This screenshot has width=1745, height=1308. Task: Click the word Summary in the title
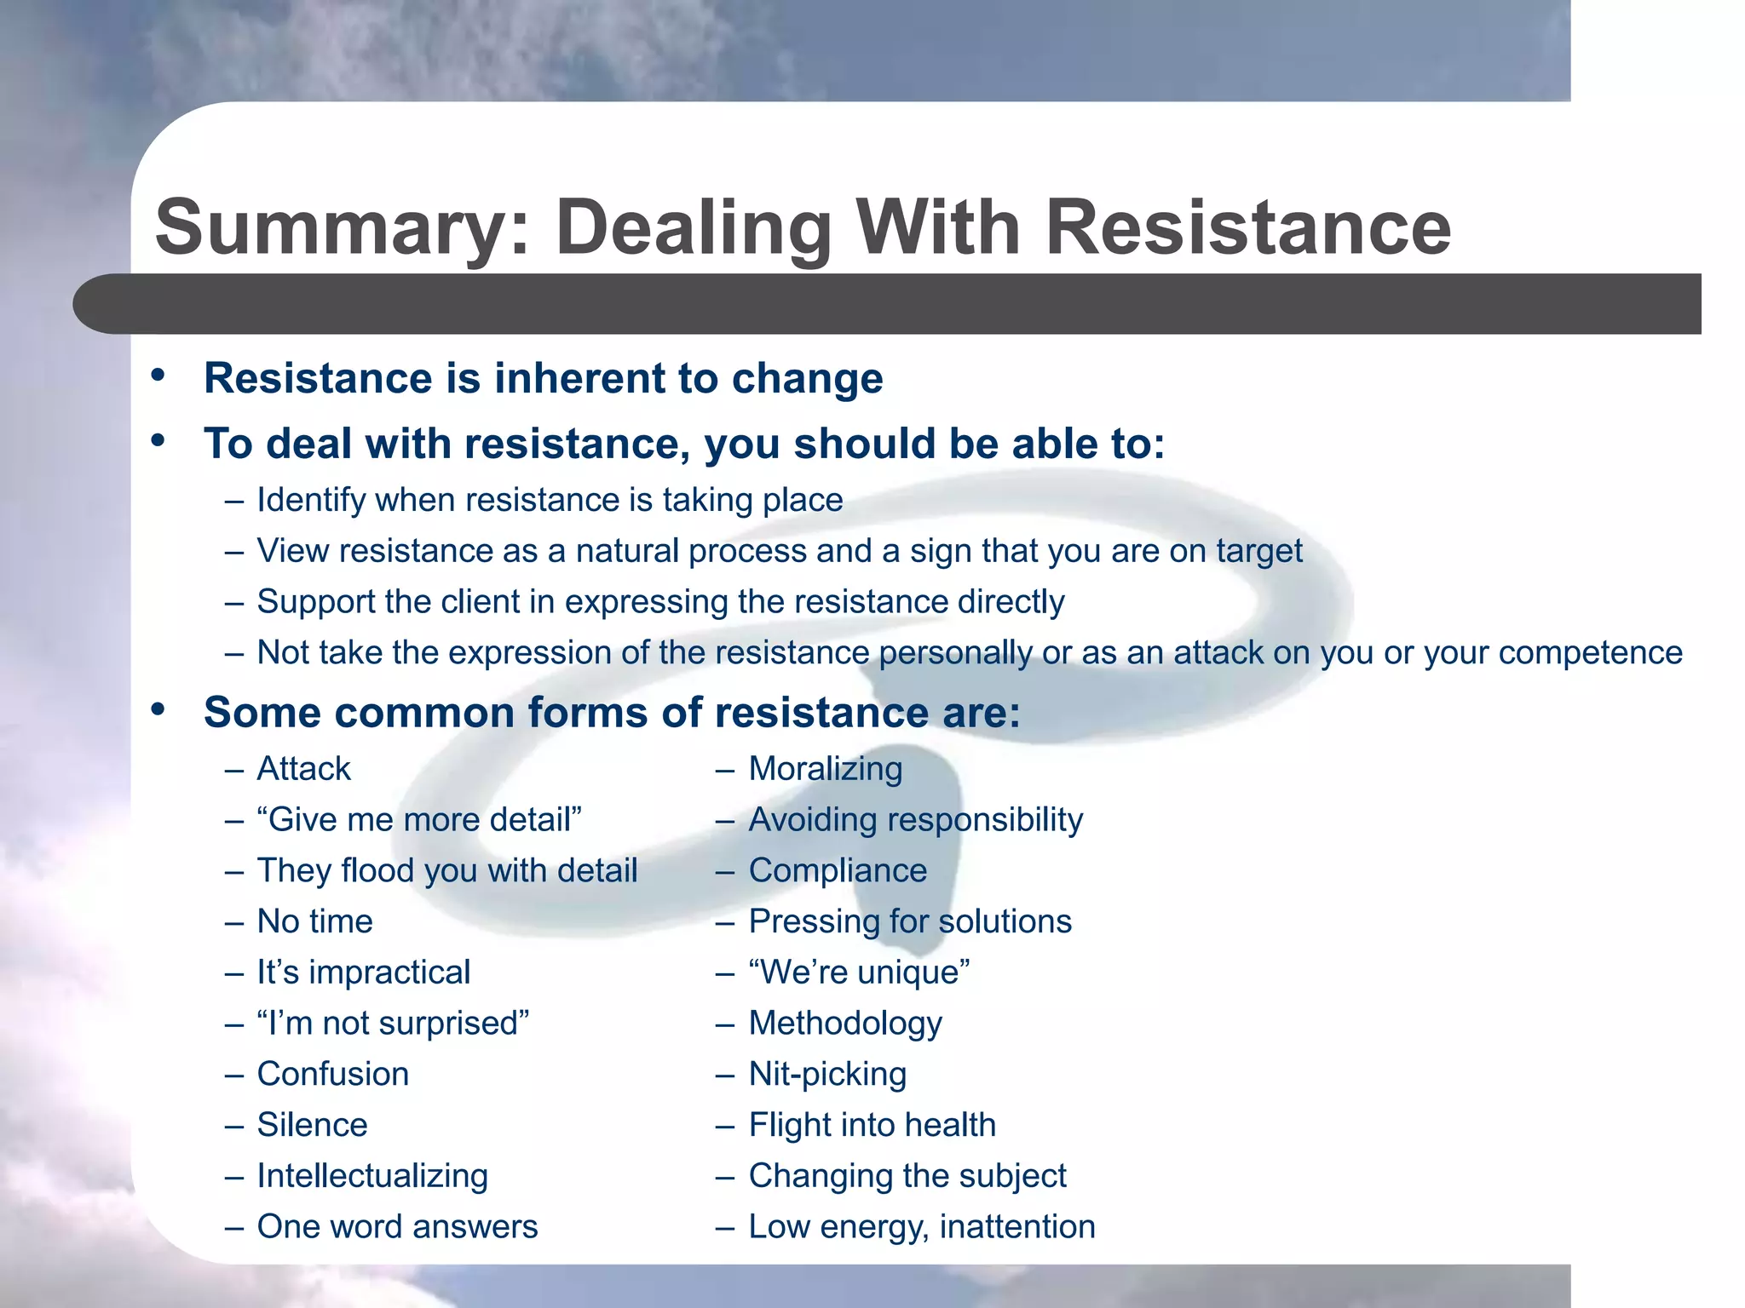coord(342,228)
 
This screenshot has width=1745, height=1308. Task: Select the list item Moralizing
coord(825,769)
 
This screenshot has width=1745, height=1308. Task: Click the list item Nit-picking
coord(827,1075)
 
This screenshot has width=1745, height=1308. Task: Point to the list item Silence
coord(312,1125)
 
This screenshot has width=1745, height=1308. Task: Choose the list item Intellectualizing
coord(372,1176)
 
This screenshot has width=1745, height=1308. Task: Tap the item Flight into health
coord(872,1125)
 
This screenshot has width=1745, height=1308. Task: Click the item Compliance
coord(838,871)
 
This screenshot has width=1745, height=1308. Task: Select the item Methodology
coord(845,1024)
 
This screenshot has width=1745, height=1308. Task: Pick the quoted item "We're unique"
coord(859,972)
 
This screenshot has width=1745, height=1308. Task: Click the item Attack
coord(303,769)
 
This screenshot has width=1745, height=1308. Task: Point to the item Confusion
coord(332,1075)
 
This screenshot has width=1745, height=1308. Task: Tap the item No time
coord(314,921)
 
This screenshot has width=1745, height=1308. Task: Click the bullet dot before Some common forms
coord(158,709)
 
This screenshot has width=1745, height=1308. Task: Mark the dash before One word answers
coord(234,1228)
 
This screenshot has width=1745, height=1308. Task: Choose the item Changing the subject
coord(907,1176)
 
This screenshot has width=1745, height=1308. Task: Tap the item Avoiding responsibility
coord(915,820)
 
